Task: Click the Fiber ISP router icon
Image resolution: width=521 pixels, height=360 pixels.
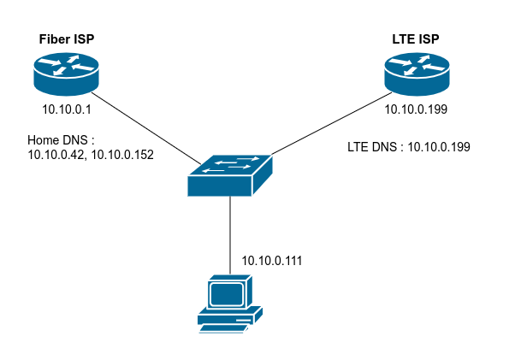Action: pyautogui.click(x=67, y=74)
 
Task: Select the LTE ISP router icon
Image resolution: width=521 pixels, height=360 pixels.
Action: pyautogui.click(x=417, y=74)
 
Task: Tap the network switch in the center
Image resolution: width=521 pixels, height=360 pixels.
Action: pyautogui.click(x=229, y=174)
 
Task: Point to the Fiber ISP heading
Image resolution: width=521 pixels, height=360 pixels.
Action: pyautogui.click(x=67, y=40)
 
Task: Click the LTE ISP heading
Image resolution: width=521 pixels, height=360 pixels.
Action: pyautogui.click(x=417, y=40)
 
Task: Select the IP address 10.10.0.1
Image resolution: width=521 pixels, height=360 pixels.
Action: pyautogui.click(x=66, y=109)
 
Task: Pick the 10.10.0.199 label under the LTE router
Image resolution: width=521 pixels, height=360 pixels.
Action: pyautogui.click(x=417, y=109)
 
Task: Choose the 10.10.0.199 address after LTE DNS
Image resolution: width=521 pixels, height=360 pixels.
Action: pyautogui.click(x=438, y=146)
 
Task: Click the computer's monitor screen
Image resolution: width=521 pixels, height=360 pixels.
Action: pyautogui.click(x=227, y=294)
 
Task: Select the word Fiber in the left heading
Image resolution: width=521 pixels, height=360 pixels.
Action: pyautogui.click(x=54, y=40)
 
